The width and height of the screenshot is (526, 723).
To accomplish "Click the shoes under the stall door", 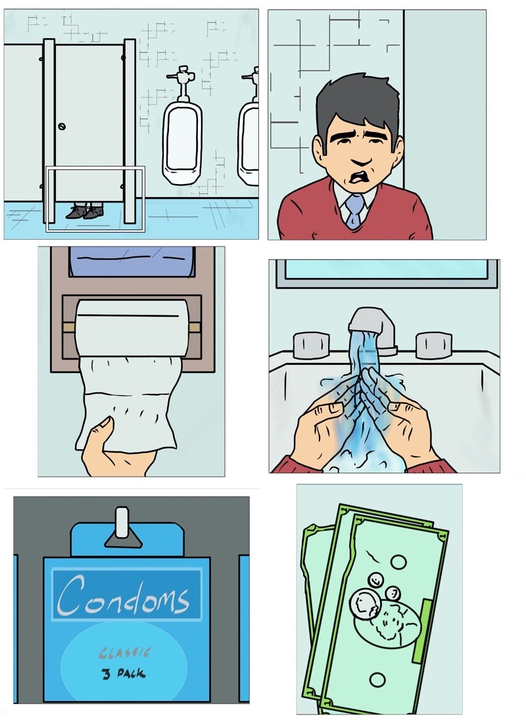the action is click(x=85, y=211).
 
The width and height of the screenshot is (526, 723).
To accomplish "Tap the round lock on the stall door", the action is click(x=62, y=126).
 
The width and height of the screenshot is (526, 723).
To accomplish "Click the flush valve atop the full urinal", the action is click(x=183, y=83).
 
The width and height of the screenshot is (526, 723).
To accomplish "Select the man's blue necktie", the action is click(x=354, y=210).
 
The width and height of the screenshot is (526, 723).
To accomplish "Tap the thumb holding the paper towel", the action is click(x=101, y=429).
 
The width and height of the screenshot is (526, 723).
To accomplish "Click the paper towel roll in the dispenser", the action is click(x=132, y=328).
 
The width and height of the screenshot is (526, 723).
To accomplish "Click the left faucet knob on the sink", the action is click(x=311, y=345).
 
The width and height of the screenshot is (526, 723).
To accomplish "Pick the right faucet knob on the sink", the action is click(x=433, y=345).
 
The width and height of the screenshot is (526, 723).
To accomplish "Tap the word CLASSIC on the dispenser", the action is click(x=124, y=652).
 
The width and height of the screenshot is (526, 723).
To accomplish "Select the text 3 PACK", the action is click(x=123, y=674).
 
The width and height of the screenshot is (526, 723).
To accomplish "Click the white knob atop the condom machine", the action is click(x=122, y=523).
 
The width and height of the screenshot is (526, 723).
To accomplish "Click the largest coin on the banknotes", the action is click(x=364, y=605).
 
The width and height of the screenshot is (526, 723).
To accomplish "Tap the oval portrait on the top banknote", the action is click(x=387, y=624).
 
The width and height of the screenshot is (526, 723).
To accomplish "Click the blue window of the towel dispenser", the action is click(x=132, y=262).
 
